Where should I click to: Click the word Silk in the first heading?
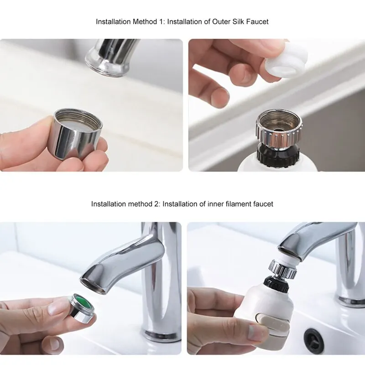[x=238, y=21]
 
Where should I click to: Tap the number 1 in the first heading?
[x=160, y=21]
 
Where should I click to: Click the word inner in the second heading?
[x=215, y=204]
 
